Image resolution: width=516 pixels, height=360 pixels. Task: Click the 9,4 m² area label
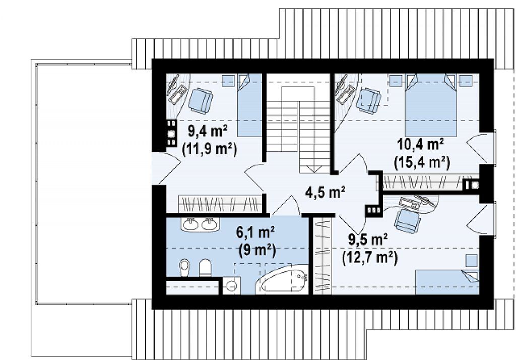click(208, 132)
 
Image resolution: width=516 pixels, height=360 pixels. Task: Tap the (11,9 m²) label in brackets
click(210, 150)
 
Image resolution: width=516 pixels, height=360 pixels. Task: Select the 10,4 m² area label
click(421, 144)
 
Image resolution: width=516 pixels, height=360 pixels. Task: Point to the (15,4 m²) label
click(422, 163)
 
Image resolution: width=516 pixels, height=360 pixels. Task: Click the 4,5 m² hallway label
click(325, 192)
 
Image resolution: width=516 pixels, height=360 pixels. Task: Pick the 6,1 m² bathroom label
click(255, 232)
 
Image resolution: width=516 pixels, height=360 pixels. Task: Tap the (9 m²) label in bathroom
click(257, 250)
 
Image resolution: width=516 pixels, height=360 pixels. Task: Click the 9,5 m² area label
click(368, 239)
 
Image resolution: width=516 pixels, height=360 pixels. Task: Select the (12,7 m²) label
click(370, 258)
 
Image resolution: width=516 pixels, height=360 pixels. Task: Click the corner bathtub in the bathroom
click(282, 280)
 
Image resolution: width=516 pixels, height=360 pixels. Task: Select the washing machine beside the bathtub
click(232, 285)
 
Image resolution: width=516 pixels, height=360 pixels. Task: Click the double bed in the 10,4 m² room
click(431, 105)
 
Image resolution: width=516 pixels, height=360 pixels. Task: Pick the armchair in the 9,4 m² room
click(201, 100)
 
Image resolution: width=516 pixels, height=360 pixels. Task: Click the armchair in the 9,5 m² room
click(407, 221)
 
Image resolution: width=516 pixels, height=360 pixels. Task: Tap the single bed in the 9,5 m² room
click(447, 282)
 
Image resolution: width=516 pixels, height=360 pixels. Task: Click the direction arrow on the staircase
click(315, 169)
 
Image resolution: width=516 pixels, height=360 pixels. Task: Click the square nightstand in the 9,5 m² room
click(472, 261)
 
